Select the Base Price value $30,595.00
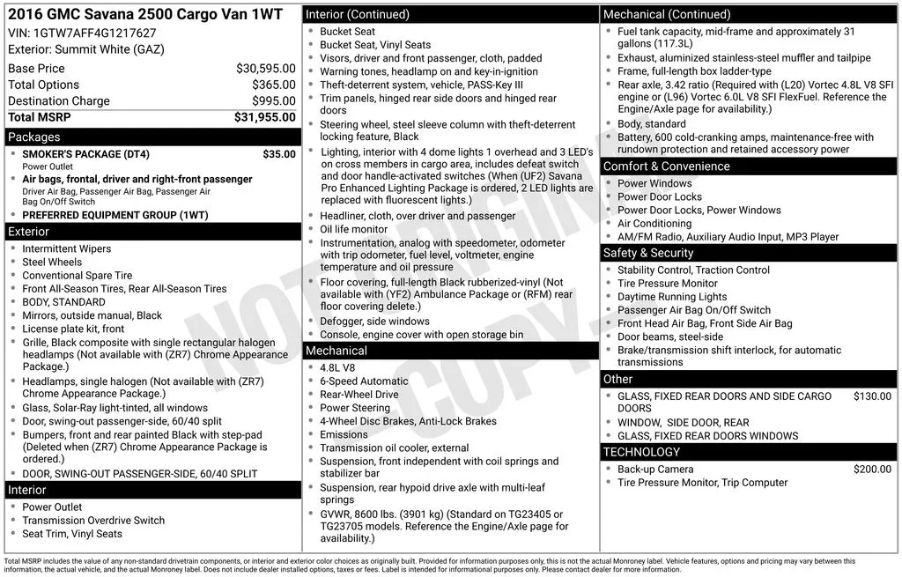pyautogui.click(x=265, y=68)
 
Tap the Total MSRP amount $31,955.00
pyautogui.click(x=264, y=117)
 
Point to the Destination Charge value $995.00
pyautogui.click(x=274, y=101)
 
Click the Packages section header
pyautogui.click(x=34, y=137)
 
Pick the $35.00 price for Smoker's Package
pyautogui.click(x=279, y=154)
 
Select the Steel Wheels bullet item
pyautogui.click(x=52, y=262)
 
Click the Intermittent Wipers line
pyautogui.click(x=67, y=248)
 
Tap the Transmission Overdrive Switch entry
pyautogui.click(x=93, y=520)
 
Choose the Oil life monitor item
pyautogui.click(x=353, y=229)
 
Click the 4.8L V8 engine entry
pyautogui.click(x=337, y=368)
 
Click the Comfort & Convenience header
pyautogui.click(x=666, y=166)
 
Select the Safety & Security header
pyautogui.click(x=648, y=253)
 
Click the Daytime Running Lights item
pyautogui.click(x=672, y=297)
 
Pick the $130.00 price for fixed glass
pyautogui.click(x=872, y=396)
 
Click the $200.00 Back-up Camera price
pyautogui.click(x=872, y=470)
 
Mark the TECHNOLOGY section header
pyautogui.click(x=641, y=452)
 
